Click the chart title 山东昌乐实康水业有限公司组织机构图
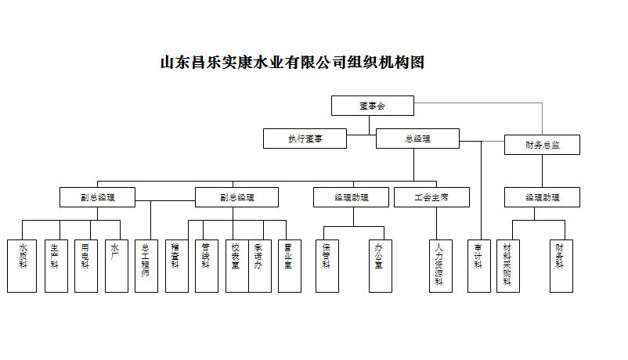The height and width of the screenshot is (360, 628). click(x=292, y=63)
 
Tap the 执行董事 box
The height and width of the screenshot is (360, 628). click(x=305, y=139)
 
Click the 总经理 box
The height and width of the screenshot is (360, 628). click(x=417, y=139)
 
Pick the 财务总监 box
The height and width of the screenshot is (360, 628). click(x=542, y=145)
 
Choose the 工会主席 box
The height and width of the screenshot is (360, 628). click(x=431, y=197)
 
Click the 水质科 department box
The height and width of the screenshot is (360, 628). click(x=22, y=265)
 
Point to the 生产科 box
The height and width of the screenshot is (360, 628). click(x=55, y=265)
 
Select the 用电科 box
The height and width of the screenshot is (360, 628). click(x=86, y=265)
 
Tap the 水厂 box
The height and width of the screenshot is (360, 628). click(x=116, y=265)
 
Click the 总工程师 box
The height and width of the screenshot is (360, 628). click(x=146, y=265)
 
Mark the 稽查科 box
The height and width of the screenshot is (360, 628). click(x=176, y=265)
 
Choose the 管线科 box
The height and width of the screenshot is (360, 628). click(x=206, y=265)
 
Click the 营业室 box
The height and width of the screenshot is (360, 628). click(x=289, y=265)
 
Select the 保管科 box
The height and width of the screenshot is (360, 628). click(x=327, y=265)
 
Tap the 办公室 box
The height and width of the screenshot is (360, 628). click(x=380, y=265)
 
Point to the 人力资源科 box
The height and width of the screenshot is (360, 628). click(x=440, y=265)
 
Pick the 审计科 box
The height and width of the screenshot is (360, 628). click(x=478, y=265)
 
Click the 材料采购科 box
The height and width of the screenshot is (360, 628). click(x=507, y=265)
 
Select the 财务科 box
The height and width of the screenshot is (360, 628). click(x=560, y=265)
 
